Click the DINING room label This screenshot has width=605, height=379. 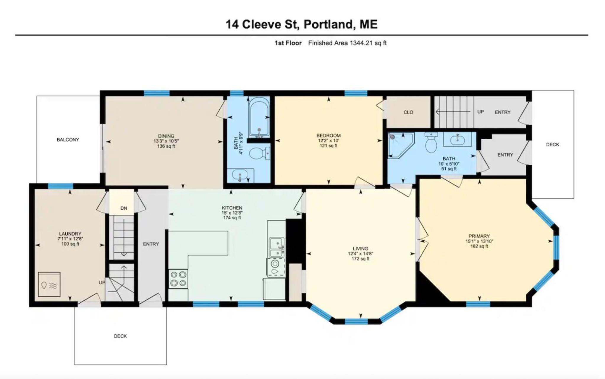[166, 136]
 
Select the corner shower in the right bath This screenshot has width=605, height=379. [401, 145]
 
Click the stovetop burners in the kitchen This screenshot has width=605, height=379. [178, 278]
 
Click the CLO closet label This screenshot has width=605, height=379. [408, 112]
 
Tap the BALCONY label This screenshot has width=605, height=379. [68, 140]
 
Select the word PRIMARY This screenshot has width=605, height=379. [479, 236]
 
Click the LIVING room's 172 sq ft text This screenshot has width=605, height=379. [360, 259]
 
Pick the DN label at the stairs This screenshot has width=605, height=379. [124, 208]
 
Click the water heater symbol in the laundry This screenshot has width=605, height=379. [49, 284]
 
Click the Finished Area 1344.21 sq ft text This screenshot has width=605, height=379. [347, 43]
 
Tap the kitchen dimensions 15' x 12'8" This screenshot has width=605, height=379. [232, 213]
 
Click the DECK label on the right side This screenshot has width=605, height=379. [552, 145]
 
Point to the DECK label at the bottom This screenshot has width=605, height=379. [120, 336]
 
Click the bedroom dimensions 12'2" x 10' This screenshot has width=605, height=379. [329, 141]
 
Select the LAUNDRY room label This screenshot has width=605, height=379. [70, 234]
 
